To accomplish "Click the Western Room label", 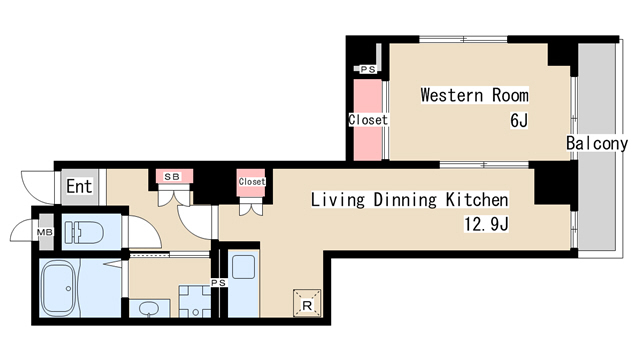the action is (474, 95).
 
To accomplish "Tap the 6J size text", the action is (519, 120).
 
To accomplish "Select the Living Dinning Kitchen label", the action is (409, 200).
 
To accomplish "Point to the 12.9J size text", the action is (486, 224).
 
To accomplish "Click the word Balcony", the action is (597, 143).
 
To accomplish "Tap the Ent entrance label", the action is (79, 187).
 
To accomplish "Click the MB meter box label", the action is (45, 232).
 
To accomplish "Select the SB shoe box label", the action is (172, 177).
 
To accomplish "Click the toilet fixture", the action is (84, 233).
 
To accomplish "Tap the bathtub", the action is (60, 288).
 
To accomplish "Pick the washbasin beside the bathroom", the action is (149, 309).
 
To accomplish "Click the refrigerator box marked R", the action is (307, 303).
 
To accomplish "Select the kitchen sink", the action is (243, 267).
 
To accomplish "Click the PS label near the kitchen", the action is (218, 282).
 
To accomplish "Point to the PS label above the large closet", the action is (368, 69).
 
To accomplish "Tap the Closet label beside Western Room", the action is (368, 120).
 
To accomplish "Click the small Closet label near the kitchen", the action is (252, 182).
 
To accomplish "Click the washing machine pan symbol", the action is (195, 301).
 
